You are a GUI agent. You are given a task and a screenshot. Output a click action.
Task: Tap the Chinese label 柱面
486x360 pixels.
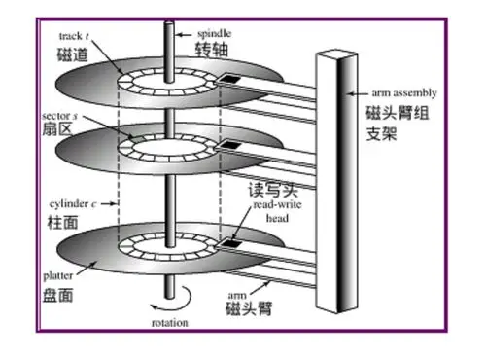click(x=63, y=225)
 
